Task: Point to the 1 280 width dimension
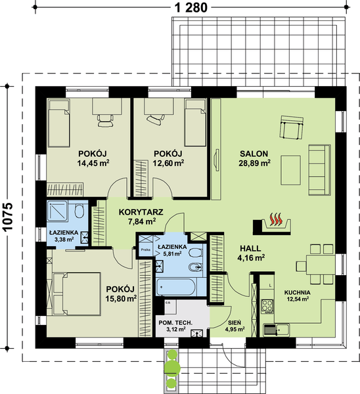tap(191, 7)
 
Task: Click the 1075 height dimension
tap(7, 213)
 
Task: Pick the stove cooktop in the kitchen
tap(267, 305)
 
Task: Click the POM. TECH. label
tap(175, 322)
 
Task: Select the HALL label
tap(250, 248)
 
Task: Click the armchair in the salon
tap(290, 127)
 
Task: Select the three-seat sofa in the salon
tap(319, 169)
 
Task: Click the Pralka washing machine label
tap(145, 250)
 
